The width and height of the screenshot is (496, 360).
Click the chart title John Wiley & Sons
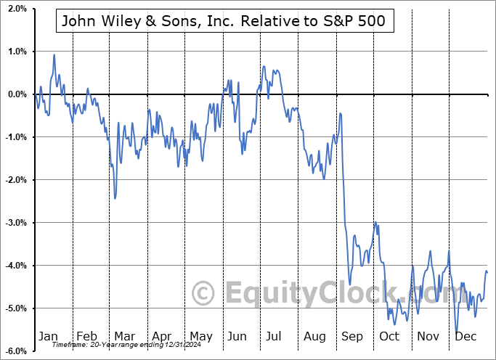pyautogui.click(x=225, y=22)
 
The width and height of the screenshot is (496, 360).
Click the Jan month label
pyautogui.click(x=48, y=337)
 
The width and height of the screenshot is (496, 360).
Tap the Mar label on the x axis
pyautogui.click(x=124, y=337)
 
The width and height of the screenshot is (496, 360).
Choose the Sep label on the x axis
pyautogui.click(x=352, y=337)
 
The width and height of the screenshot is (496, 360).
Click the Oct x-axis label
pyautogui.click(x=389, y=337)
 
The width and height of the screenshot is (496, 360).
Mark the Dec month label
pyautogui.click(x=465, y=337)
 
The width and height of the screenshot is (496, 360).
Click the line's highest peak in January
pyautogui.click(x=54, y=54)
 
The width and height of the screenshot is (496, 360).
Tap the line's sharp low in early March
pyautogui.click(x=115, y=198)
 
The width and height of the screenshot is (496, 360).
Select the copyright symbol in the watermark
pyautogui.click(x=203, y=293)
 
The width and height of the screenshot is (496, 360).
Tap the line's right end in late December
pyautogui.click(x=487, y=272)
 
